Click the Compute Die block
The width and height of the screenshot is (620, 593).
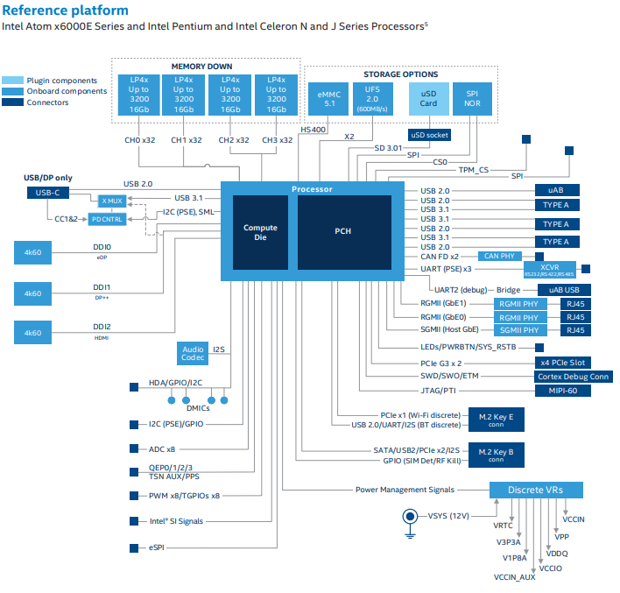click(260, 232)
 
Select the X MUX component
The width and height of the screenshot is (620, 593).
click(109, 201)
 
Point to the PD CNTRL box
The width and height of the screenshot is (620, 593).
click(107, 218)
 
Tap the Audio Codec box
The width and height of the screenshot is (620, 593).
click(193, 353)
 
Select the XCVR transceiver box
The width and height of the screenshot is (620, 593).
click(550, 268)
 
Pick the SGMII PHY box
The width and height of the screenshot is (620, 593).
click(519, 330)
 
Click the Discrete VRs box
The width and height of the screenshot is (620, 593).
click(535, 489)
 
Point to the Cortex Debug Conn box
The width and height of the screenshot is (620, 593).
click(574, 377)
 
